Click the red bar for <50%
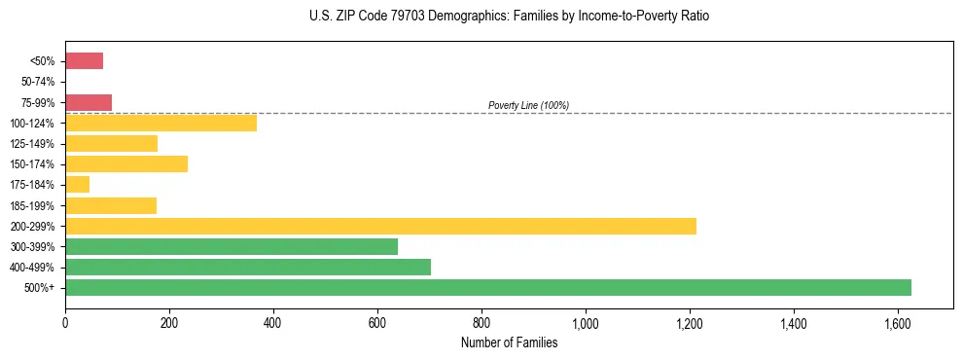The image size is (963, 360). (x=84, y=61)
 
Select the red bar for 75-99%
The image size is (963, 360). (x=89, y=102)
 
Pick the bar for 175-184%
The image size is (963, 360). (x=77, y=184)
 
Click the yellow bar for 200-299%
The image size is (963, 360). (x=380, y=226)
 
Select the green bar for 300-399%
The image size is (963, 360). (x=232, y=246)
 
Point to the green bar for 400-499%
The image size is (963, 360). (x=248, y=267)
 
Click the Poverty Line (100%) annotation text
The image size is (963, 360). (x=528, y=105)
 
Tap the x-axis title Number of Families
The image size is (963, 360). (x=509, y=342)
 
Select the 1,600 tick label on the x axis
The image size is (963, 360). (x=898, y=320)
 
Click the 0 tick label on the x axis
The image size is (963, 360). (x=65, y=320)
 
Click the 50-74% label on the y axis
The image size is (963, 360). (x=38, y=82)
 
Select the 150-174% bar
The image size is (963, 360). (x=126, y=163)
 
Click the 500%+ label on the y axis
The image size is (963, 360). (x=41, y=287)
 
